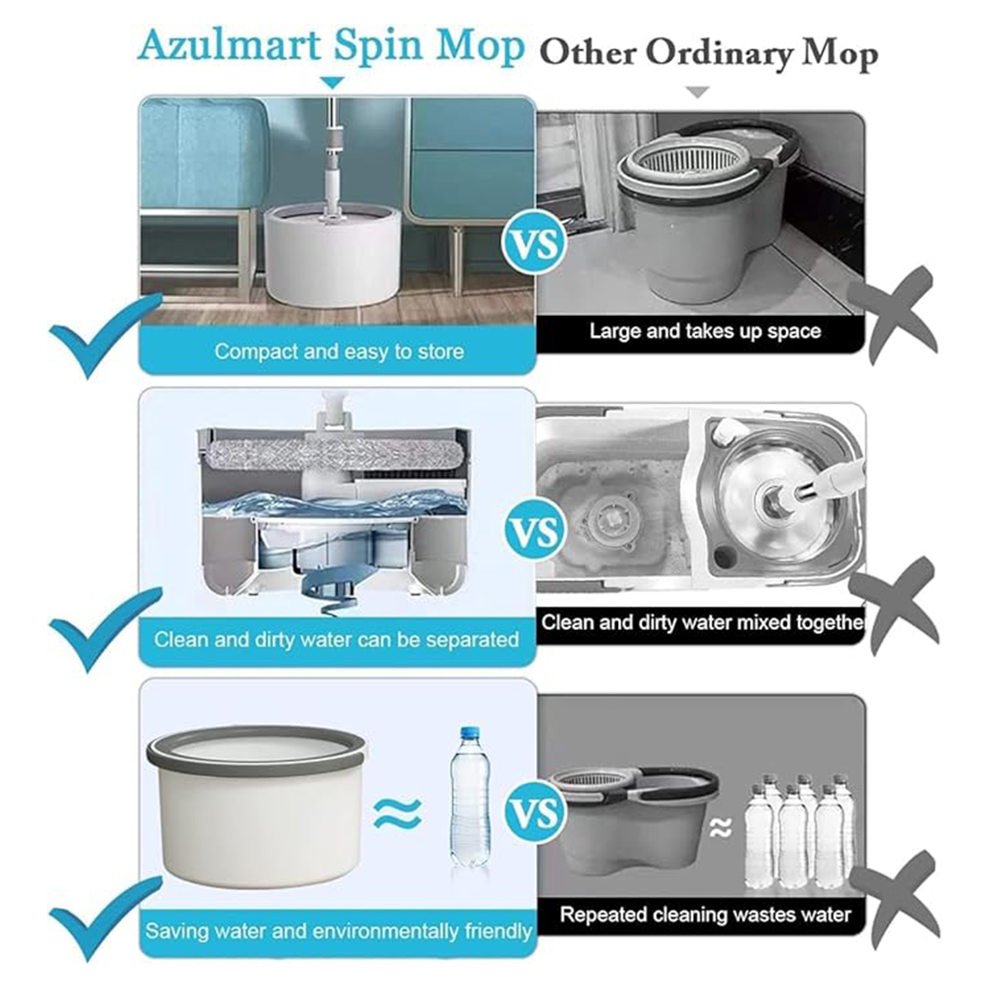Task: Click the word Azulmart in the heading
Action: pos(232,46)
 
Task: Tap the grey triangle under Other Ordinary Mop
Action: pos(698,92)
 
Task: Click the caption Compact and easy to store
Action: pos(339,352)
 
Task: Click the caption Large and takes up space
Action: pos(705,332)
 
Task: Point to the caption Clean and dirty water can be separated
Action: pos(337,640)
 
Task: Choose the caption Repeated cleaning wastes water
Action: pos(705,915)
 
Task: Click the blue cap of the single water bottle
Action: pos(468,733)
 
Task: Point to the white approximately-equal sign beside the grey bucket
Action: pos(720,827)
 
